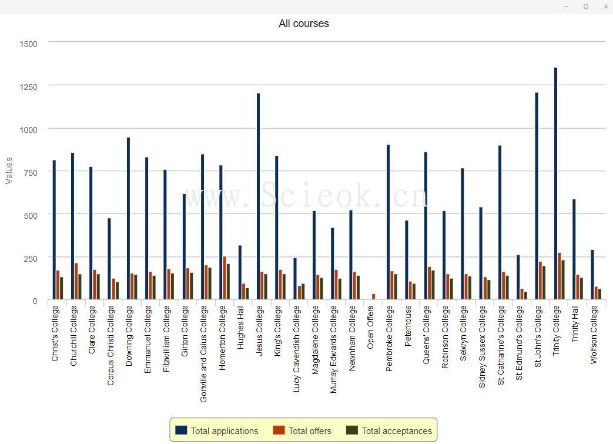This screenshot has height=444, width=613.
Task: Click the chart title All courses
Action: click(x=303, y=24)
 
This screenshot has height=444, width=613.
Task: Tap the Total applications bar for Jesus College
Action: click(x=258, y=197)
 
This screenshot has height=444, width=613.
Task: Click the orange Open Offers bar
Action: click(x=373, y=297)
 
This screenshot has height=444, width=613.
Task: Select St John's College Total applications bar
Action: click(x=537, y=196)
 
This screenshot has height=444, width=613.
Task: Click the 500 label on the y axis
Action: click(x=30, y=215)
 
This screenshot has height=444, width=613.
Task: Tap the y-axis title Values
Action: click(x=9, y=171)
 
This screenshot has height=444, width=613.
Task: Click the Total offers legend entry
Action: click(x=302, y=431)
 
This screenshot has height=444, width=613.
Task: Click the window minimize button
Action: click(x=566, y=6)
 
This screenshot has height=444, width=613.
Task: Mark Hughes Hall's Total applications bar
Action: click(x=240, y=273)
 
